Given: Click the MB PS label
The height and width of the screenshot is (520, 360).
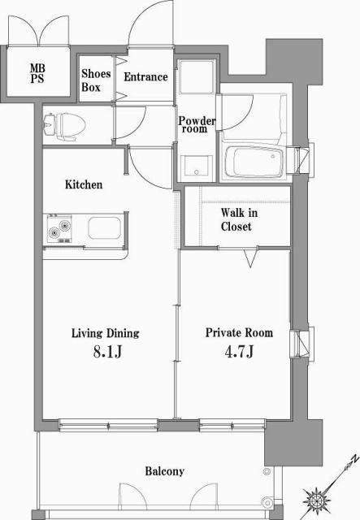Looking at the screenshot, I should [38, 73].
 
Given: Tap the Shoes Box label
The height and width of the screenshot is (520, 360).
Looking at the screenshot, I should [96, 80].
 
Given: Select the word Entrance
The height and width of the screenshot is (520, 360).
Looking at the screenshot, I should [145, 77].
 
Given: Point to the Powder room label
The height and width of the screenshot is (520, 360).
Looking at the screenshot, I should [197, 124].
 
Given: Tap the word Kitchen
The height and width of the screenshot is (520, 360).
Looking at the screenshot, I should [84, 184].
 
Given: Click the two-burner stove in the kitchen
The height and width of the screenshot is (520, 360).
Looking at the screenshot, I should [60, 227].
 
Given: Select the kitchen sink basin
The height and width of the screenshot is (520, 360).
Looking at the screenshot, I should [105, 228].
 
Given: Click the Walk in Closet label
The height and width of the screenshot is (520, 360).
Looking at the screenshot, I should [236, 219].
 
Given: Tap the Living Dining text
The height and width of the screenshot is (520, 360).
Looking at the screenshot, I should [105, 333].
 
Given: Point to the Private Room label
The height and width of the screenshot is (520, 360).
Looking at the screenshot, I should [238, 333].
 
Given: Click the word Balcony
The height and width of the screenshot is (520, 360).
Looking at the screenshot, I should [164, 471].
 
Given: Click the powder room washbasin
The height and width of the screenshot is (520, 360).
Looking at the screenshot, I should [195, 167].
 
